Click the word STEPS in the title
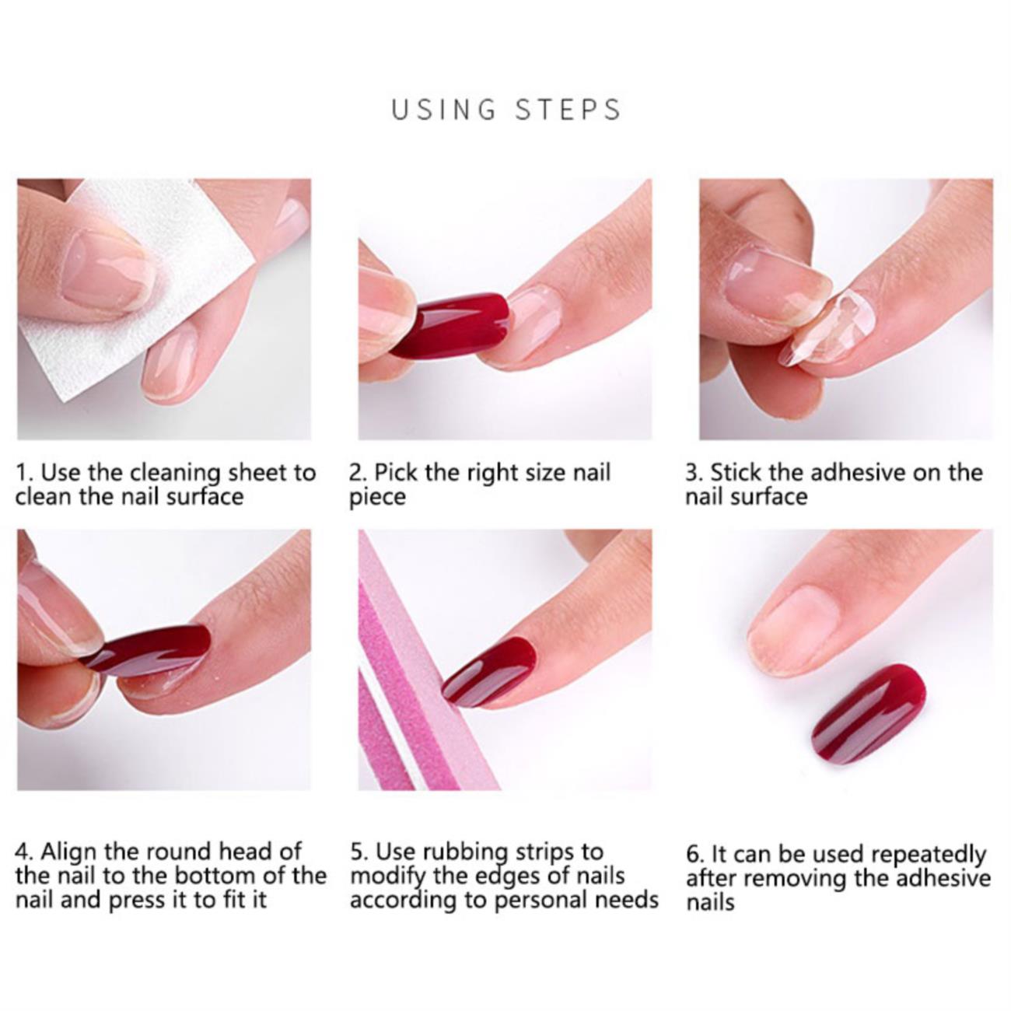(568, 110)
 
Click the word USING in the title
(444, 110)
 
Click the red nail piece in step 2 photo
(450, 325)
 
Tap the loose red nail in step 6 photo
(869, 715)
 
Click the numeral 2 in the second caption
(355, 473)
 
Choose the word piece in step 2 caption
(378, 498)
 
